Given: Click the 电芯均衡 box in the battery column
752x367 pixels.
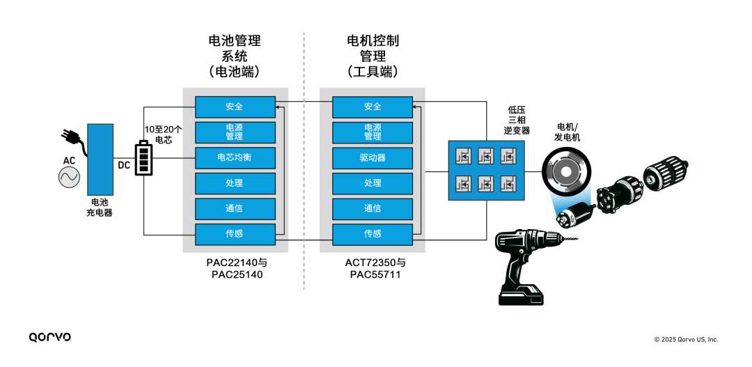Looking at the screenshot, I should [x=234, y=158].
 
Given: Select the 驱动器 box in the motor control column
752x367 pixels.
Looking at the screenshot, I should [x=373, y=158].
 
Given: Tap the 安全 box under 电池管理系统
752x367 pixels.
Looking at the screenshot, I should [x=234, y=107].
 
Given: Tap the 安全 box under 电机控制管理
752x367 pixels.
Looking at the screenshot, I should [x=373, y=107].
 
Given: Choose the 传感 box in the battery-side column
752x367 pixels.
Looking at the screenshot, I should [x=234, y=234].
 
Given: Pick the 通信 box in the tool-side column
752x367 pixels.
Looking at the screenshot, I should [x=373, y=208].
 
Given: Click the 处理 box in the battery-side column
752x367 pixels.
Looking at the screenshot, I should [x=234, y=183].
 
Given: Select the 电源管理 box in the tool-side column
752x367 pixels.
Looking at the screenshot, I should [x=373, y=132].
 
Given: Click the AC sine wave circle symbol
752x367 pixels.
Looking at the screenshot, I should [x=69, y=178].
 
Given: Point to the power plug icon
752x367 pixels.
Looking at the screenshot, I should [x=73, y=136].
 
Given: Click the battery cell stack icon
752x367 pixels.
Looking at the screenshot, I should [x=143, y=158].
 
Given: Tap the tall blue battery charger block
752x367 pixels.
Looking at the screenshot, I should [x=100, y=159].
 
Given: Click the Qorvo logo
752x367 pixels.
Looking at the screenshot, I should [x=50, y=337].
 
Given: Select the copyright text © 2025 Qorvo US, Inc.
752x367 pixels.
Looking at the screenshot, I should [x=686, y=339].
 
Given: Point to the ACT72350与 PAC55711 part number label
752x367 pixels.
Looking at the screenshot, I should [x=375, y=269].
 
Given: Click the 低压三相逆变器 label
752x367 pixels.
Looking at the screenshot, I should [x=518, y=120].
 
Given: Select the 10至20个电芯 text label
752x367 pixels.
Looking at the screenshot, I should [x=163, y=134].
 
